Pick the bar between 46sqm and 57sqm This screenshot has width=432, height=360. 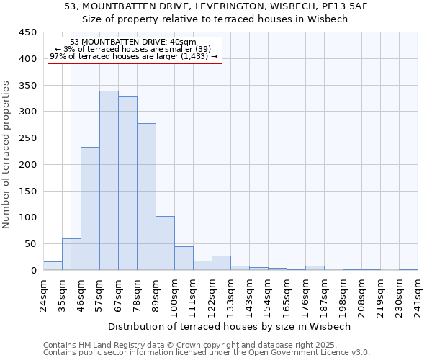tap(90, 209)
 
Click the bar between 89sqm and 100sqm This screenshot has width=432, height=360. tap(165, 243)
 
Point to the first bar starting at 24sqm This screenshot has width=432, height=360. tap(53, 266)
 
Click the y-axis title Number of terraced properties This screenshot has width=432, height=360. tap(7, 155)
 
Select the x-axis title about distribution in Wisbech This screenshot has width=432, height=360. tap(230, 326)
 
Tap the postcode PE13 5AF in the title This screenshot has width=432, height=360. tap(336, 6)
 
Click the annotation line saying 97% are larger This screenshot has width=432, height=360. tap(134, 56)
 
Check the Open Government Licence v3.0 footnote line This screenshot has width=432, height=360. tap(207, 353)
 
